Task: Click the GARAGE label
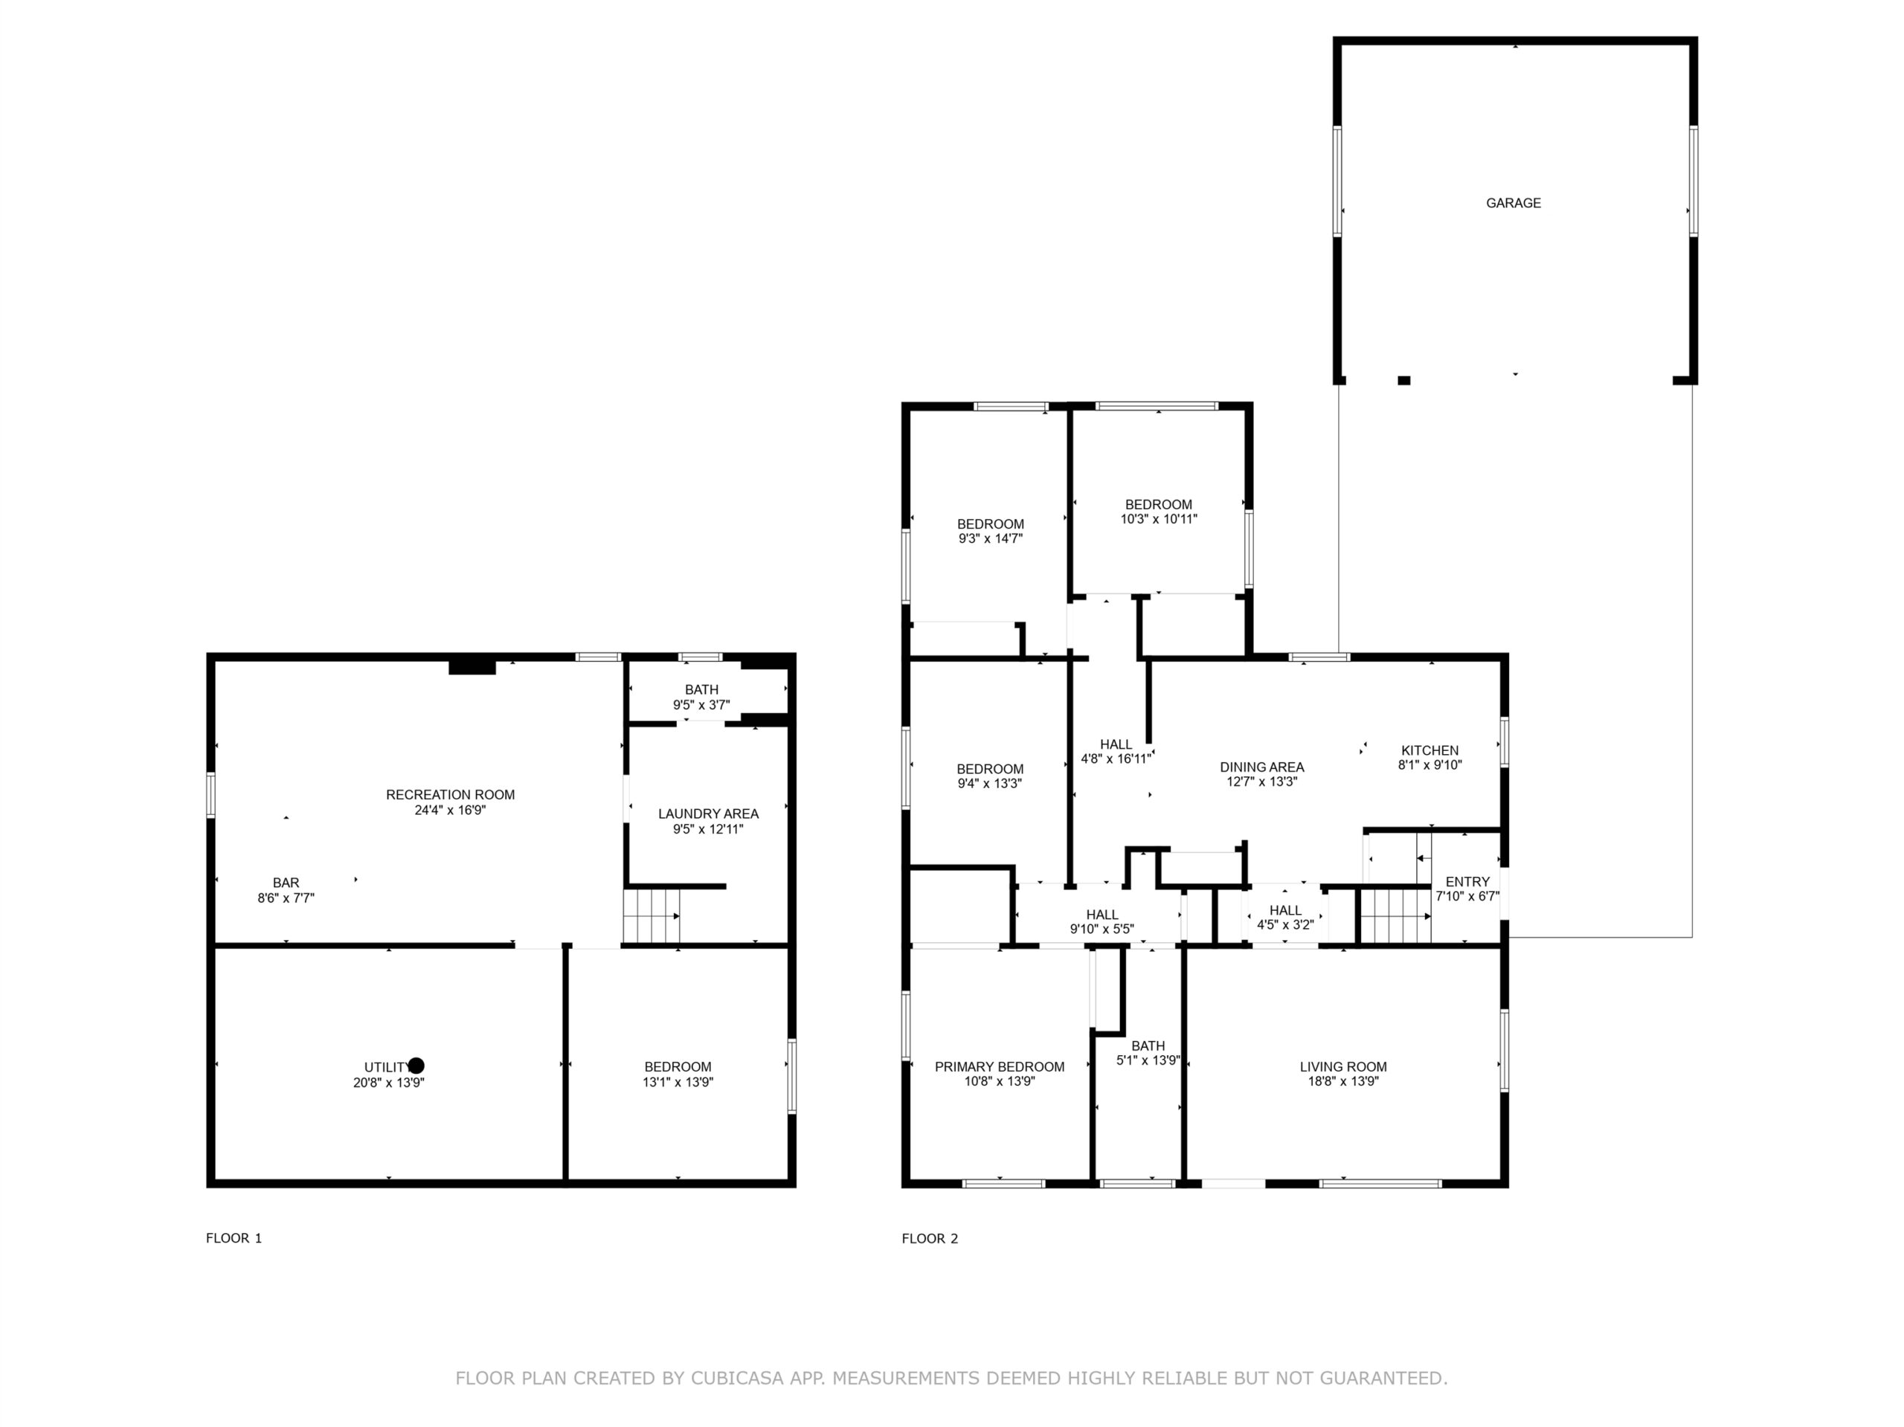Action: [x=1514, y=203]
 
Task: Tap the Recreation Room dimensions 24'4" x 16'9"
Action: [x=450, y=810]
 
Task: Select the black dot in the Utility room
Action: [x=416, y=1066]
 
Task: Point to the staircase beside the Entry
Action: [x=1395, y=917]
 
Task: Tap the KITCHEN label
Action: [x=1429, y=750]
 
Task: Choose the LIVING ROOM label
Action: [x=1342, y=1066]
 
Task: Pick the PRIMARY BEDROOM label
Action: [x=1000, y=1066]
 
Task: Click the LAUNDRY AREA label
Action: [x=708, y=814]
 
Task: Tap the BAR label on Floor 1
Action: [x=286, y=882]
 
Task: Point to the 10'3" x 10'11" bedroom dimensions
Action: [x=1159, y=519]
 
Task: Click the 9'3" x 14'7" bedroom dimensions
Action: [x=990, y=539]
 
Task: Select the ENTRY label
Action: [x=1467, y=881]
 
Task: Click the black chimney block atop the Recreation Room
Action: [x=472, y=666]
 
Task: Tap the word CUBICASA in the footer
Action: [x=737, y=1378]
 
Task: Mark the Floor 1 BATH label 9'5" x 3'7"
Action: [x=701, y=698]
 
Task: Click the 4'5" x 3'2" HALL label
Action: [x=1285, y=918]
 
